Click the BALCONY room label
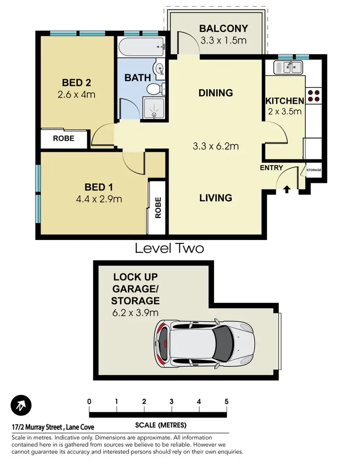click(223, 28)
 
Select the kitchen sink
click(288, 67)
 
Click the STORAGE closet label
click(314, 170)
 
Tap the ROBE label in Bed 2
click(63, 138)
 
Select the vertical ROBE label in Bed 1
click(158, 208)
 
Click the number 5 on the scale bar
click(226, 402)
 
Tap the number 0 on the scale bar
click(89, 402)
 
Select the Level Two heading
click(169, 248)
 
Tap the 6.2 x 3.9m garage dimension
click(135, 313)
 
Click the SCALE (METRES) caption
click(161, 426)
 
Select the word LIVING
click(216, 198)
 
